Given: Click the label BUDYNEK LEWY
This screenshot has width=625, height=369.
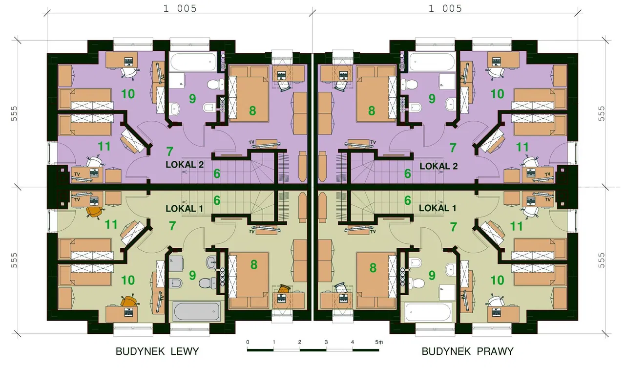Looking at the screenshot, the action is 157,351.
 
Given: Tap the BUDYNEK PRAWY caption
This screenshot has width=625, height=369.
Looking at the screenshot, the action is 467,351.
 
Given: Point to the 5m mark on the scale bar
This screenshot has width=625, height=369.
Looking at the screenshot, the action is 379,342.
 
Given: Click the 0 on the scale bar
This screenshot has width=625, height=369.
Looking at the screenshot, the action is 248,342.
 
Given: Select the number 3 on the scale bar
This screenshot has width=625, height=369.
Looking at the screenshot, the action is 326,342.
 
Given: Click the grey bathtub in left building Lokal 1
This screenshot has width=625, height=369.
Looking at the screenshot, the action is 196,311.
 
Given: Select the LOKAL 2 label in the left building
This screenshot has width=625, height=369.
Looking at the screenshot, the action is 185,165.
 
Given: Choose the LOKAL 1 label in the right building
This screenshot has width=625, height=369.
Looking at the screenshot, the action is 437,208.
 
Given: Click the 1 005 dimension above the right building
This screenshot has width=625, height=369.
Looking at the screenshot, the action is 445,9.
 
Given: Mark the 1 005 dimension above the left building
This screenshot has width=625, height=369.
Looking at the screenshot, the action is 180,9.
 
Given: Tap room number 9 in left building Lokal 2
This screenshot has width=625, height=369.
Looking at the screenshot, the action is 192,99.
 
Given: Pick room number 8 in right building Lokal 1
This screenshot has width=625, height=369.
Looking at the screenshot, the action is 373,268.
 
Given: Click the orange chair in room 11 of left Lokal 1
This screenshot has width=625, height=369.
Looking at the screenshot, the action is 94,212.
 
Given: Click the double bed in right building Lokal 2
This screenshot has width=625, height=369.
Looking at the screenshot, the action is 376,94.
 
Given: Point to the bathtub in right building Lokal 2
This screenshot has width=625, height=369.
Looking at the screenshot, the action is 432,62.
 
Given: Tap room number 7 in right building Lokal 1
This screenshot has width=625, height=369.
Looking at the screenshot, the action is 454,227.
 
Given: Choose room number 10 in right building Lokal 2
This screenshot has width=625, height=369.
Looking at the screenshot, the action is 497,94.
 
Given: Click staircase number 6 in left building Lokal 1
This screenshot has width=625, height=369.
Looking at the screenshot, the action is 217,200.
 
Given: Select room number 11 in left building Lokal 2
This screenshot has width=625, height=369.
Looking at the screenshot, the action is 104,146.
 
